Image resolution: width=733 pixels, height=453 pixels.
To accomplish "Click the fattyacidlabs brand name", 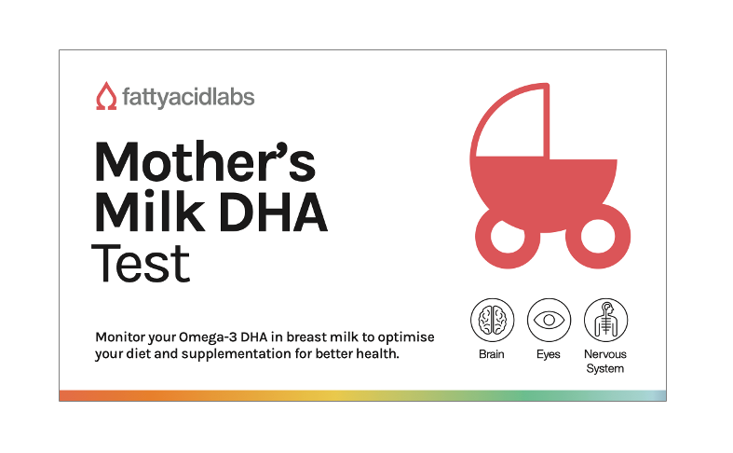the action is coord(188,98).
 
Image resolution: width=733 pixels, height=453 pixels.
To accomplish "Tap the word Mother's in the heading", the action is coord(205,161).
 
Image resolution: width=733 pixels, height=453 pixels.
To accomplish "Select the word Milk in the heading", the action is coord(150,211).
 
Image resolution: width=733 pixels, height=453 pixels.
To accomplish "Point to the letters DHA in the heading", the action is coord(273,212).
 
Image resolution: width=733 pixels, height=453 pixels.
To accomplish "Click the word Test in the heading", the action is coord(141,263).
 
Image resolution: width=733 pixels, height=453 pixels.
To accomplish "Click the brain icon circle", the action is coord(493,320).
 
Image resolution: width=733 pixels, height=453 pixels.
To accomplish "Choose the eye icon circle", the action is coord(549,320).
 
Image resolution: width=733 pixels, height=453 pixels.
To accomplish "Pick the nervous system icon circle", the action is coord(605,320).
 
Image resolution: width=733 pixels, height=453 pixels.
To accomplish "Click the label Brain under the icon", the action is coord(492,354).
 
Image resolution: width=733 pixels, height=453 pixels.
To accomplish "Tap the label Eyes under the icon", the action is coord(549,355).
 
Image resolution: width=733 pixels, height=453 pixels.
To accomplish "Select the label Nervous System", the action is coord(605,362).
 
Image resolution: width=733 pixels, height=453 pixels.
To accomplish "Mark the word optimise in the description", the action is coord(406,337).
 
